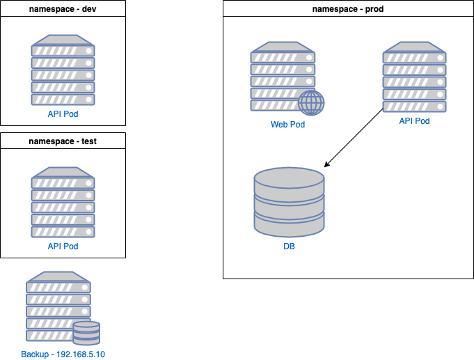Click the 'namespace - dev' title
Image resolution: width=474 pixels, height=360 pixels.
pos(63,9)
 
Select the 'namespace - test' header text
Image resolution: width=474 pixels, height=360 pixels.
pos(63,141)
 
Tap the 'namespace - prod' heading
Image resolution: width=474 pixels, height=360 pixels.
pos(347,10)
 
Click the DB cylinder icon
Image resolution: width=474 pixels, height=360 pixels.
pos(289,203)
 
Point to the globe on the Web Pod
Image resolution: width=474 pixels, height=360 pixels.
pos(311,102)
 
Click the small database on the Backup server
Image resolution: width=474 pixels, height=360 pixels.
pos(86,333)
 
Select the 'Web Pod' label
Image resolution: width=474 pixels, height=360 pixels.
pos(287,125)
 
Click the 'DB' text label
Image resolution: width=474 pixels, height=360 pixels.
pos(289,246)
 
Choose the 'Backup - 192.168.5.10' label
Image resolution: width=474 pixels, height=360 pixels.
pos(63,354)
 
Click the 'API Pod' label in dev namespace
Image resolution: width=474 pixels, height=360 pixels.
pos(63,114)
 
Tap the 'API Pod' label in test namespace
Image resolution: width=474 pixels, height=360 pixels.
pos(63,246)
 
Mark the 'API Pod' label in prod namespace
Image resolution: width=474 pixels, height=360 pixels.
pos(414,121)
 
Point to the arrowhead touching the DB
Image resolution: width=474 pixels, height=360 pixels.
pos(326,166)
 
